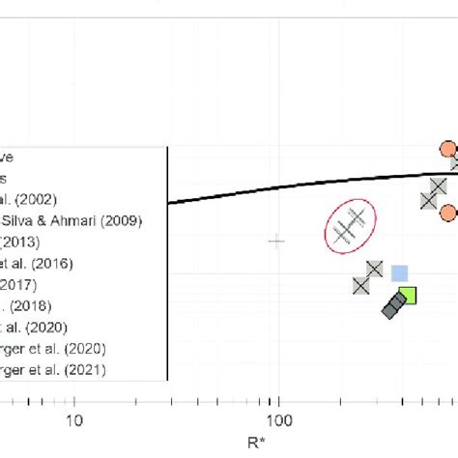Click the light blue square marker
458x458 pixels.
click(x=399, y=274)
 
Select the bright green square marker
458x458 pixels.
click(x=408, y=296)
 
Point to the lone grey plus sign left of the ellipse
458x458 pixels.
click(x=276, y=241)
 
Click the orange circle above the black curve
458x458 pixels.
click(x=447, y=149)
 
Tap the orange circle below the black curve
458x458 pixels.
click(x=448, y=213)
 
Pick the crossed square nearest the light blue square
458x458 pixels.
click(x=375, y=270)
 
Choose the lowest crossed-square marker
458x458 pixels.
click(x=361, y=284)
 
